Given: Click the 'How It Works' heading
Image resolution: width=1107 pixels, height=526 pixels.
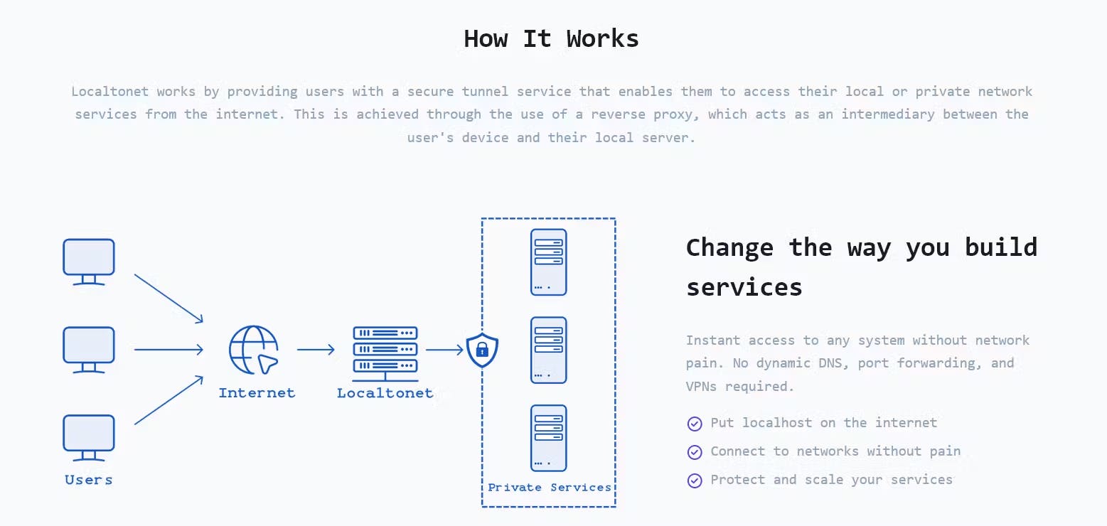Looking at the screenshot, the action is point(551,38).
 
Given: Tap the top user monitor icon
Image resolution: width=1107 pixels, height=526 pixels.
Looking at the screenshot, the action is point(89,262).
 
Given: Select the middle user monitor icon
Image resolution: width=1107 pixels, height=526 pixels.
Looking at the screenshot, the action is point(89,350).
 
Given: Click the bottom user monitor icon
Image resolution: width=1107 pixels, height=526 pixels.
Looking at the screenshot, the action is point(89,438).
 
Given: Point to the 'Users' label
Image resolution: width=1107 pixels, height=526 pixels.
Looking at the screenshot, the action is point(89,480).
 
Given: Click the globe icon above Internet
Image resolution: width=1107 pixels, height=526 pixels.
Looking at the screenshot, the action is point(254,350).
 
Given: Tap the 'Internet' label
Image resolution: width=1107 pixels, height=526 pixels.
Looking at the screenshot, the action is point(257,392).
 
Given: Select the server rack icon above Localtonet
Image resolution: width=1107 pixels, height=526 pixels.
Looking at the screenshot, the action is point(385,354).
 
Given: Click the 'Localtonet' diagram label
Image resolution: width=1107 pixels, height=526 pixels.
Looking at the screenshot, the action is point(385,392).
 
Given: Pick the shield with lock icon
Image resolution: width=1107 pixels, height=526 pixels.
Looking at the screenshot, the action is point(482,350).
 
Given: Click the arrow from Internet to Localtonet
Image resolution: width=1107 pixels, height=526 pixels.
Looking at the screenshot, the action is point(316,350).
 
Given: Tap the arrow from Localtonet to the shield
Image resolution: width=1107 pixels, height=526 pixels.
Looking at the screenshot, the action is point(445,350).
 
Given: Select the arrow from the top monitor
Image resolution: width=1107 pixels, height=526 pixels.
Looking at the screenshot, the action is point(169,299).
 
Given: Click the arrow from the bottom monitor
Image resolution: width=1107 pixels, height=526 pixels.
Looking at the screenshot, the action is point(169,400).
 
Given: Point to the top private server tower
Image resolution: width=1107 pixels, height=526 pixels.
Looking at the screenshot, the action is point(549,262).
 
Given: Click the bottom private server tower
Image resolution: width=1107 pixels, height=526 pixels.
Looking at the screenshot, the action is point(549,439).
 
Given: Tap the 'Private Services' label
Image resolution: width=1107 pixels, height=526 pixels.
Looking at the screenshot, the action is point(550,488).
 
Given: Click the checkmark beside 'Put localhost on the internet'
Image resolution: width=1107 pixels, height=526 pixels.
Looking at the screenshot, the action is point(695,424).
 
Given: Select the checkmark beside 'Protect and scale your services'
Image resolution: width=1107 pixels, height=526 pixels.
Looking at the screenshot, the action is point(695,481).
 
